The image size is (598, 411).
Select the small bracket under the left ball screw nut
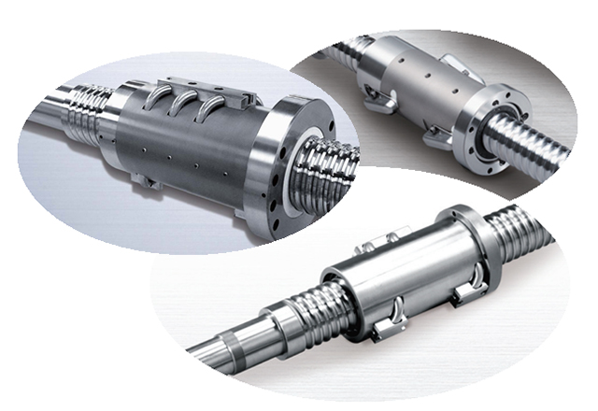pyautogui.click(x=143, y=179)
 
